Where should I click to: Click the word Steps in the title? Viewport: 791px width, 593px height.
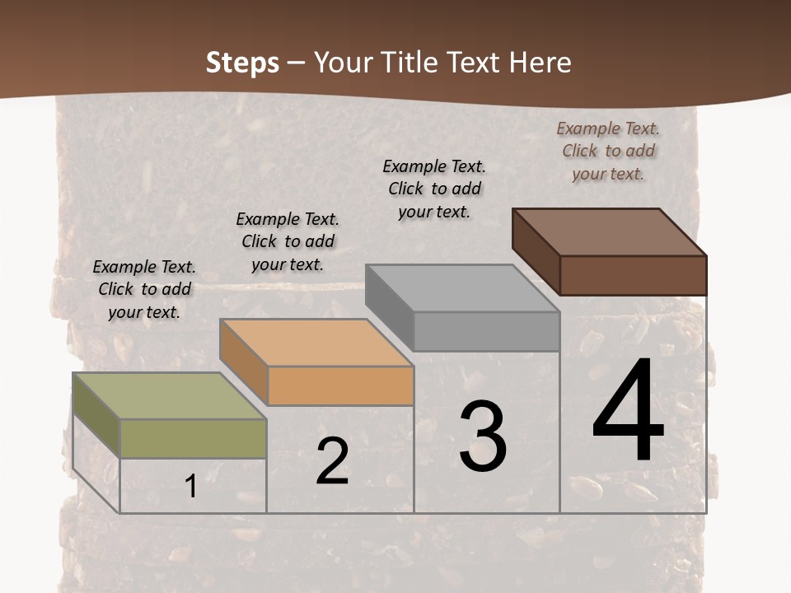(x=242, y=63)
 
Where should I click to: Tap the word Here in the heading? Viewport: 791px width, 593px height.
(x=540, y=63)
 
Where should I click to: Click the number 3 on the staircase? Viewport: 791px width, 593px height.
(x=483, y=437)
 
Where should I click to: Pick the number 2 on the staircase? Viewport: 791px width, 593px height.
(x=332, y=461)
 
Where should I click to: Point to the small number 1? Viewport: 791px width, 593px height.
(x=190, y=487)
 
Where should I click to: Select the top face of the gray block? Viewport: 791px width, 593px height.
(x=462, y=288)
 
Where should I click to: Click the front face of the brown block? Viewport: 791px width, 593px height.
(x=633, y=275)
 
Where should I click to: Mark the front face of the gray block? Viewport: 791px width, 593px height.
(x=486, y=331)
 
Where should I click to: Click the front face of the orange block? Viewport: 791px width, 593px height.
(x=340, y=385)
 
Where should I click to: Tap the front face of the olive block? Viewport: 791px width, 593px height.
(x=193, y=438)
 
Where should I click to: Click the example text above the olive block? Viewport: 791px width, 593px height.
(x=144, y=289)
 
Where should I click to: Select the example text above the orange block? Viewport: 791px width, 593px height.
(x=288, y=241)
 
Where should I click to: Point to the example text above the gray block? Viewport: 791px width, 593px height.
(x=434, y=189)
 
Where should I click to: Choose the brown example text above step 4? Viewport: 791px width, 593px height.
(x=608, y=151)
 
